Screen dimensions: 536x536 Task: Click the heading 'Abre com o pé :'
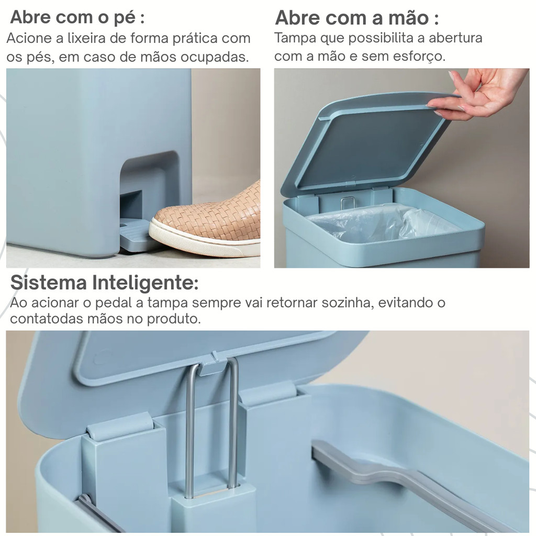77,17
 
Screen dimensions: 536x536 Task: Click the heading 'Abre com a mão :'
357,18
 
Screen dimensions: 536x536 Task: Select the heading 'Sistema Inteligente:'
104,283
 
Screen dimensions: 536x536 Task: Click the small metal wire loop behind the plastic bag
348,203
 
